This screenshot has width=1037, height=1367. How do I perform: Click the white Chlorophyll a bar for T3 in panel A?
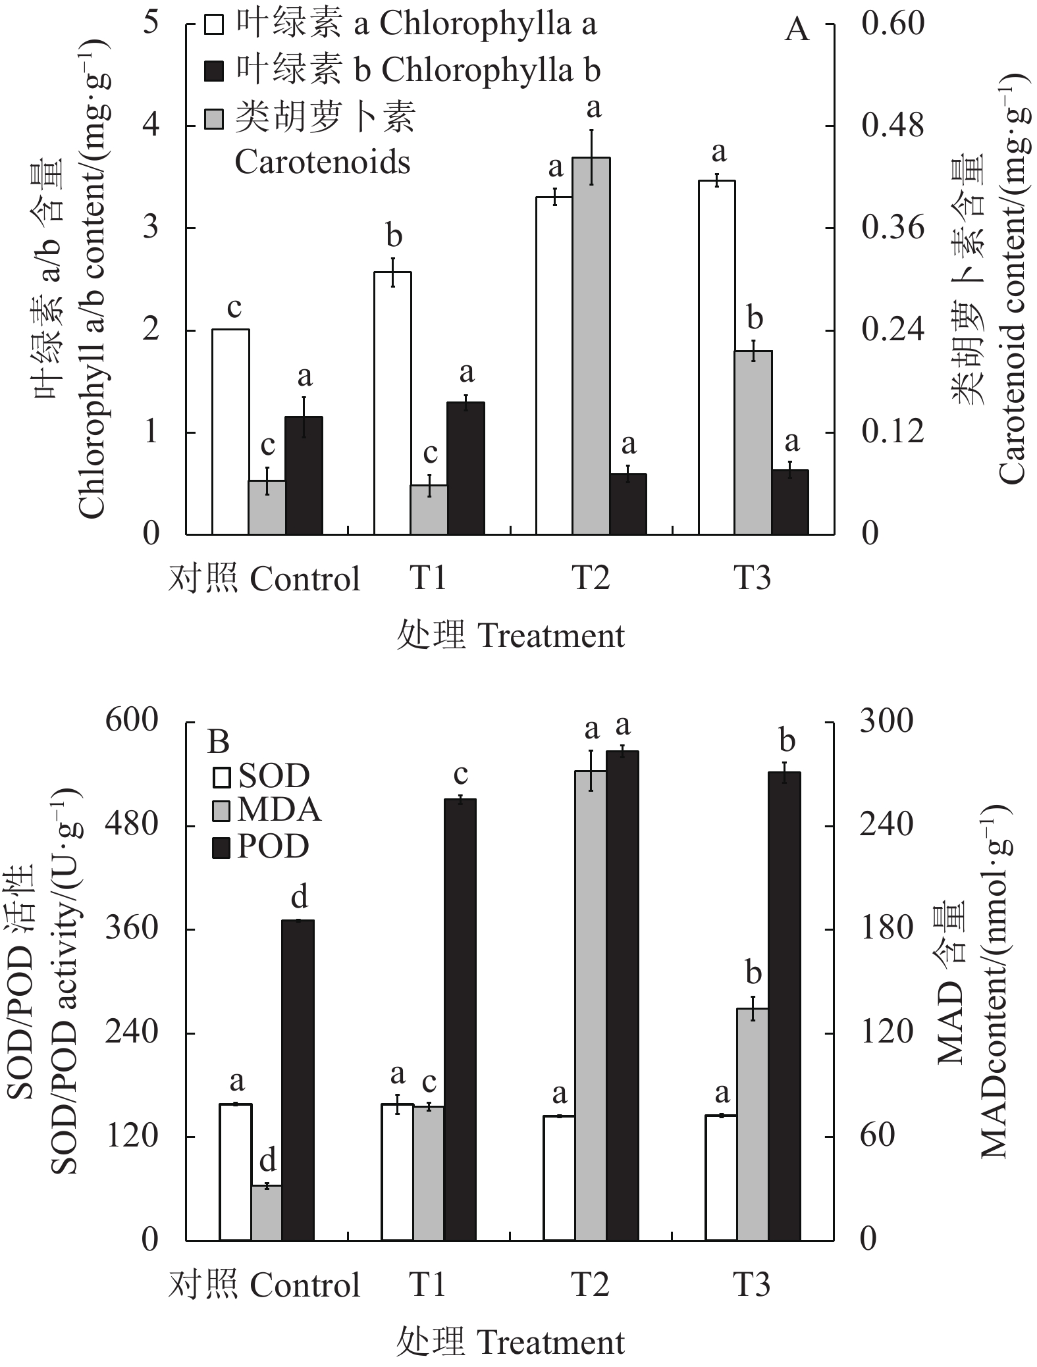(x=717, y=357)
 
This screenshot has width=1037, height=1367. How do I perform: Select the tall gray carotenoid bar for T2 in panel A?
(x=591, y=346)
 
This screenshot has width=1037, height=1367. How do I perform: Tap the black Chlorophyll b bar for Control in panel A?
(x=304, y=475)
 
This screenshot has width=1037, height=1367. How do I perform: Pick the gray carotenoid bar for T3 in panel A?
(x=753, y=442)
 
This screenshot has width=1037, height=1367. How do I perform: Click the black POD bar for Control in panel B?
(x=298, y=1079)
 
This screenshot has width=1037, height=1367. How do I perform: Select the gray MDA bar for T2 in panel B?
(x=591, y=1005)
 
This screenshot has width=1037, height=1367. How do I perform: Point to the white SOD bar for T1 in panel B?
(x=397, y=1172)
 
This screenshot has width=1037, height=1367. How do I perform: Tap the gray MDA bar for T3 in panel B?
(x=753, y=1124)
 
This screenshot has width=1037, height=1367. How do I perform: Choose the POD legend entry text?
(x=273, y=846)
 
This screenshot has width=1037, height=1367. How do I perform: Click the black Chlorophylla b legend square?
(x=215, y=71)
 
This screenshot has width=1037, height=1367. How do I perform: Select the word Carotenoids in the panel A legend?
(x=323, y=163)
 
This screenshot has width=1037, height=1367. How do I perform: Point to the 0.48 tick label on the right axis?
(x=893, y=125)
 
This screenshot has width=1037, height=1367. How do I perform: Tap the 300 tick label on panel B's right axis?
(x=886, y=721)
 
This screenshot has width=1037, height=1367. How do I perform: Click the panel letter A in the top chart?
(x=797, y=30)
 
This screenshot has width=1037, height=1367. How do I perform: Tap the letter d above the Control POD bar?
(x=300, y=896)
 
